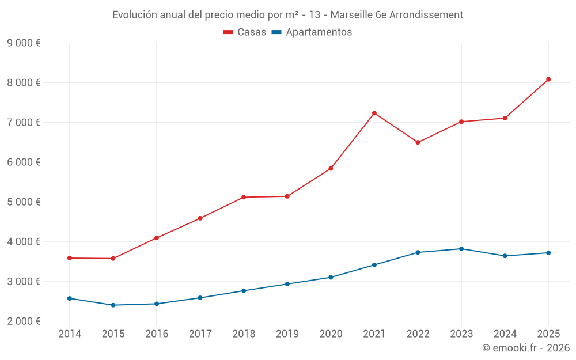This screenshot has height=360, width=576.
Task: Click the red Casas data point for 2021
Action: (x=374, y=113)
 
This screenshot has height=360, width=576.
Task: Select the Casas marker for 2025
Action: (x=548, y=79)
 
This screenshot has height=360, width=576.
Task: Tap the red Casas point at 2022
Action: (x=418, y=142)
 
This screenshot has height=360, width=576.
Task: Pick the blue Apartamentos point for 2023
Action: (x=461, y=249)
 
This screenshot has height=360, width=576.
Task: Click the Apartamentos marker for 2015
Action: (x=113, y=305)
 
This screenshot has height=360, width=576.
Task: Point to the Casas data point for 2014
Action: (x=70, y=258)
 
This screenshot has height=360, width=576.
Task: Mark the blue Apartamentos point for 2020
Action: (x=331, y=277)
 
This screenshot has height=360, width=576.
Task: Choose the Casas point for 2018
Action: (x=244, y=197)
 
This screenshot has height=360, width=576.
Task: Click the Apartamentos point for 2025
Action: (x=548, y=253)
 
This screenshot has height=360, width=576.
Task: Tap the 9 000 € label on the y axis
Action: (x=24, y=43)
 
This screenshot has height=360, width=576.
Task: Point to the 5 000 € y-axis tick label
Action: (x=24, y=202)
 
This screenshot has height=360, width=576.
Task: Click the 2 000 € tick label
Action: (x=24, y=321)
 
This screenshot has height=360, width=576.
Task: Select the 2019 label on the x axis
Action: (x=287, y=334)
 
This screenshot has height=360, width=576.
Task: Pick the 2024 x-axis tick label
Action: (x=505, y=334)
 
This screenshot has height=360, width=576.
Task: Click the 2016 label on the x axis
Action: (x=157, y=334)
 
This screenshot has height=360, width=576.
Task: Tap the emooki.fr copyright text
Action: (x=526, y=348)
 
